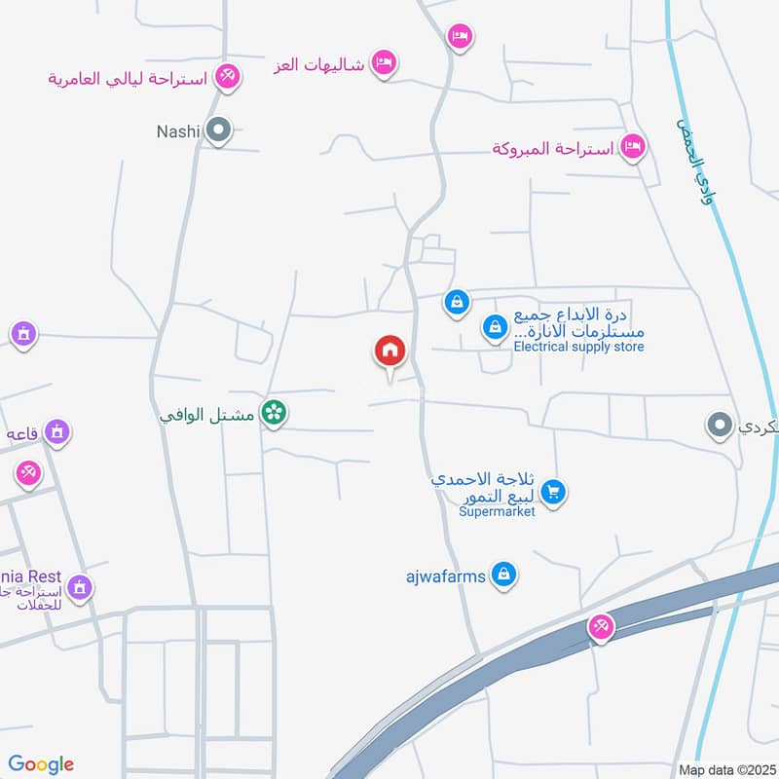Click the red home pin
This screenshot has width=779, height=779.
pyautogui.click(x=390, y=351)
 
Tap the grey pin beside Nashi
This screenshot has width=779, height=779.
pyautogui.click(x=219, y=130)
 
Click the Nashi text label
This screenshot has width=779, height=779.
pyautogui.click(x=178, y=130)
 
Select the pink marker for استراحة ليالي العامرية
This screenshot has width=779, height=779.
pyautogui.click(x=227, y=76)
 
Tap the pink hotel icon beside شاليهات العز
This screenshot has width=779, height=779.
pyautogui.click(x=386, y=63)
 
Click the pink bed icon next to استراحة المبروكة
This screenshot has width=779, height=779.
pyautogui.click(x=634, y=147)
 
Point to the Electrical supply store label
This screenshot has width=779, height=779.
pyautogui.click(x=578, y=347)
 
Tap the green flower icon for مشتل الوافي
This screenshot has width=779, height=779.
pyautogui.click(x=275, y=413)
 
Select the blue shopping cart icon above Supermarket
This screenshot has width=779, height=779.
pyautogui.click(x=553, y=493)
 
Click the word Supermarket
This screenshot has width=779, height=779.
pyautogui.click(x=497, y=511)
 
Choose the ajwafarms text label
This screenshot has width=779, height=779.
pyautogui.click(x=445, y=575)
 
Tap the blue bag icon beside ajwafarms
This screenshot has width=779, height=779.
pyautogui.click(x=502, y=575)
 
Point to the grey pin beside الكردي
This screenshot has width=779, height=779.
pyautogui.click(x=720, y=426)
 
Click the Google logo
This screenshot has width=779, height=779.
pyautogui.click(x=41, y=764)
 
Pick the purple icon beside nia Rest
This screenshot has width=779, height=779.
pyautogui.click(x=80, y=587)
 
